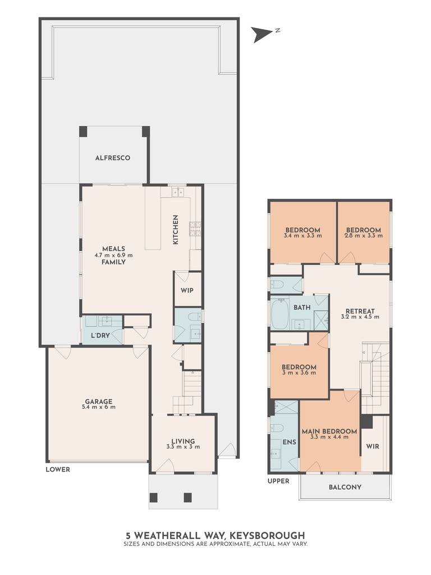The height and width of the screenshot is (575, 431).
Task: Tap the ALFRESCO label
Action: [x=112, y=158]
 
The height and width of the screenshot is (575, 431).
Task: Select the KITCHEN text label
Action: [x=176, y=230]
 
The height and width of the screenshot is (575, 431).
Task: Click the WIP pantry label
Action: [x=187, y=290]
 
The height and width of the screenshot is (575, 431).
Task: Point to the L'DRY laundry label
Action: [x=100, y=335]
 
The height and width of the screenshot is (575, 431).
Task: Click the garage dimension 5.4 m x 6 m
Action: [x=99, y=407]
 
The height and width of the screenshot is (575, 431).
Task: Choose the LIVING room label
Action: [x=184, y=441]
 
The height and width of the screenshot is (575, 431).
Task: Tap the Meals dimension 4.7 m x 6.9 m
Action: [x=113, y=255]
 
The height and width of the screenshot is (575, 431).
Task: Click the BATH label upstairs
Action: [x=302, y=307]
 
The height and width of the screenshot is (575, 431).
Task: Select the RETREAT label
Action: [x=360, y=311]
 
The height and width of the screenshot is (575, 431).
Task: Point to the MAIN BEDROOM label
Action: [x=329, y=432]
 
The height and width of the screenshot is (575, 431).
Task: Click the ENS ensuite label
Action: [x=289, y=442]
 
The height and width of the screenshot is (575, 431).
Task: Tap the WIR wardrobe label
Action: [x=373, y=446]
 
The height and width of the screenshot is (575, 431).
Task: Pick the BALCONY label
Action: [x=345, y=487]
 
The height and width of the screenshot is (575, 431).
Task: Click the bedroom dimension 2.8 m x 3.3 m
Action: [x=364, y=236]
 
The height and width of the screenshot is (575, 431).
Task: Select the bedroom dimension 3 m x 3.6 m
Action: [x=299, y=373]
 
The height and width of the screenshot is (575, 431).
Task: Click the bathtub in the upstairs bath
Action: [x=279, y=313]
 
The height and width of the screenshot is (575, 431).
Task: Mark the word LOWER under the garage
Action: [x=58, y=469]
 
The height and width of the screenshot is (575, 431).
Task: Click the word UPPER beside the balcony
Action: [x=278, y=481]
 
